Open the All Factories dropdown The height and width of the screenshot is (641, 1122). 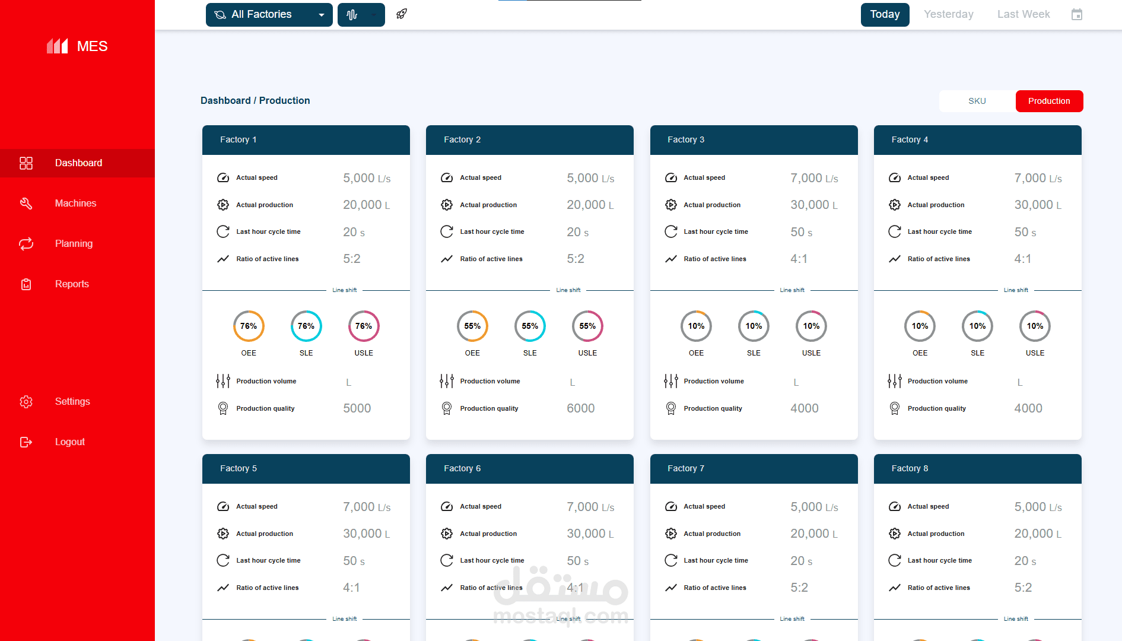pyautogui.click(x=269, y=15)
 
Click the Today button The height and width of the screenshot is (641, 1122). pyautogui.click(x=885, y=15)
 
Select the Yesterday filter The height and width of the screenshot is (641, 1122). pyautogui.click(x=948, y=15)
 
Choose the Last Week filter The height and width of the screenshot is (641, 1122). pyautogui.click(x=1023, y=15)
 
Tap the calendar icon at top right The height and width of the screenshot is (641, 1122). pyautogui.click(x=1077, y=15)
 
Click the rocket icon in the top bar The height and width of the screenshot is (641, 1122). pyautogui.click(x=402, y=14)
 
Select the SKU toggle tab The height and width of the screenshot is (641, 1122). pyautogui.click(x=977, y=101)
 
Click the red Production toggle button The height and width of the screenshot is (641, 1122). pyautogui.click(x=1048, y=101)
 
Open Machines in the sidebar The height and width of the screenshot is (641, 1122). pyautogui.click(x=75, y=204)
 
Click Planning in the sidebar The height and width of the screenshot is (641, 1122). pyautogui.click(x=74, y=244)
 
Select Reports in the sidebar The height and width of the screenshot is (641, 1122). pyautogui.click(x=72, y=284)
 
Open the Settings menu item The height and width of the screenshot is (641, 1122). pyautogui.click(x=72, y=402)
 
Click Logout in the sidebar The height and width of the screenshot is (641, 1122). pyautogui.click(x=69, y=442)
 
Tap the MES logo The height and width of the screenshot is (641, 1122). pyautogui.click(x=78, y=46)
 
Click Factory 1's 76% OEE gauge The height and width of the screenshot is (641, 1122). pyautogui.click(x=249, y=326)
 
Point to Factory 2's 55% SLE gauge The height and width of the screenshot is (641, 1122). pyautogui.click(x=530, y=326)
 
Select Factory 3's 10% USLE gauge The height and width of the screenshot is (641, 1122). pyautogui.click(x=811, y=326)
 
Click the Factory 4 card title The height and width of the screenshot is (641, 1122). pyautogui.click(x=910, y=140)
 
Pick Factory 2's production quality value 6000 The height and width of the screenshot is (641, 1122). pyautogui.click(x=580, y=408)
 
